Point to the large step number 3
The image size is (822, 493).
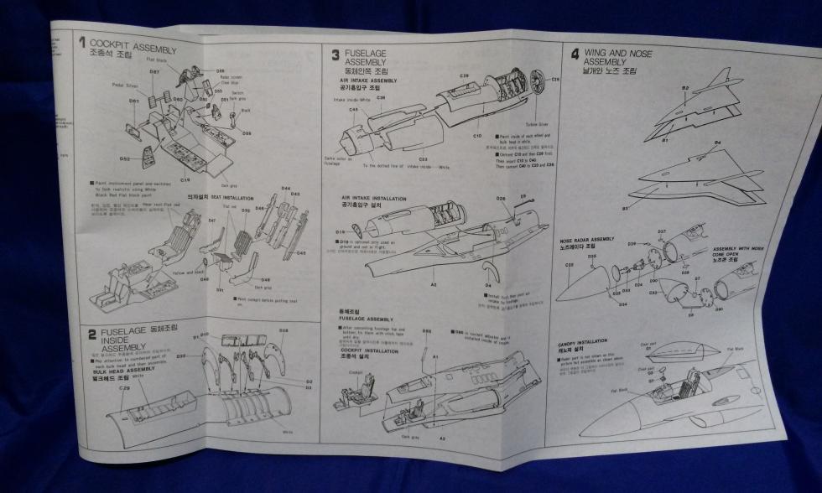coord(335,55)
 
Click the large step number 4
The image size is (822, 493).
coord(575,55)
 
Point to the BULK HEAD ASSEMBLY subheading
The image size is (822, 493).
coord(124,370)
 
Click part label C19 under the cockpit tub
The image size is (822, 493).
coord(185,179)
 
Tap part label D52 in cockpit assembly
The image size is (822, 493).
coord(124,158)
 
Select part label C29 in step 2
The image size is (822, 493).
coord(124,388)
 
